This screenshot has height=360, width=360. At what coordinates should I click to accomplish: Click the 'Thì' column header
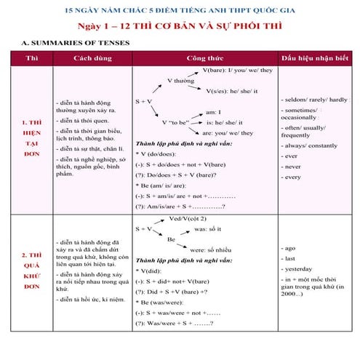click(32, 57)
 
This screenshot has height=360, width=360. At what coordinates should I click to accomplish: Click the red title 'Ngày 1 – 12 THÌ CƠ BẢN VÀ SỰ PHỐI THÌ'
click(180, 27)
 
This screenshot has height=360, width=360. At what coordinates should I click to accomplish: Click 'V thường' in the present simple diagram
click(180, 81)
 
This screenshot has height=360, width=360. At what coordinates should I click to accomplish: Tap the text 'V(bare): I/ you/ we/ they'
click(238, 71)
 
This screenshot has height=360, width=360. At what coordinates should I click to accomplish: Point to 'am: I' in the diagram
click(214, 112)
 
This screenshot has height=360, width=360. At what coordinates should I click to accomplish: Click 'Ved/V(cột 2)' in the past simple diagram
click(188, 218)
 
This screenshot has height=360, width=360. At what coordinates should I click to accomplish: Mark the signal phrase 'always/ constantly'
click(308, 145)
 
